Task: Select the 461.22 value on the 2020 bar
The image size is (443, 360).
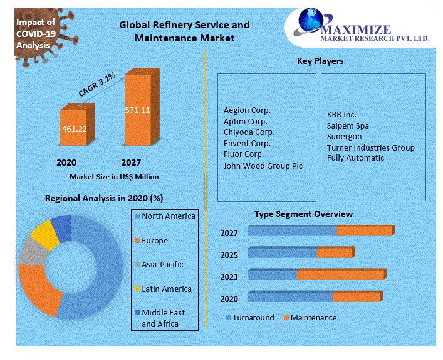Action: (x=74, y=129)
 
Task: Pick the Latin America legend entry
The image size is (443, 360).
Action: (x=166, y=289)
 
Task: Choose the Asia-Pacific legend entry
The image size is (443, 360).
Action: (x=162, y=265)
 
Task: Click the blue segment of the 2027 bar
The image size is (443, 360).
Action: (x=292, y=231)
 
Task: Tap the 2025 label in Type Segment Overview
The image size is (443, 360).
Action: (x=229, y=255)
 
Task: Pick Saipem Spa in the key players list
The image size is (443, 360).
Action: (x=348, y=126)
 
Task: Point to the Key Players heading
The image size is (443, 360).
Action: (x=320, y=61)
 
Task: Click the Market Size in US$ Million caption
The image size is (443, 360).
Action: (x=114, y=177)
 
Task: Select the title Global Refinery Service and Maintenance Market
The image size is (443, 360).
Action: (x=184, y=31)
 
